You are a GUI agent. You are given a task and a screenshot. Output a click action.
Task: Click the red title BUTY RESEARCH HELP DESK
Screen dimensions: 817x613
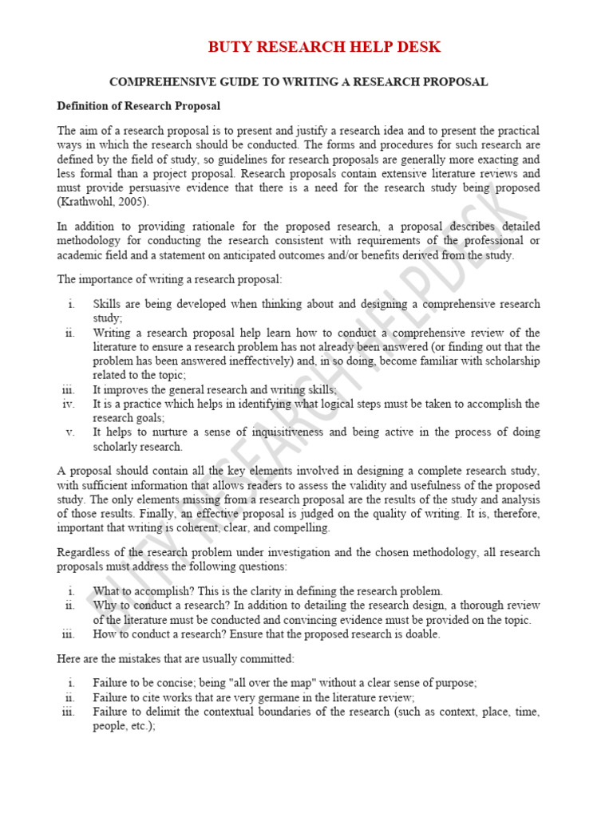(x=324, y=47)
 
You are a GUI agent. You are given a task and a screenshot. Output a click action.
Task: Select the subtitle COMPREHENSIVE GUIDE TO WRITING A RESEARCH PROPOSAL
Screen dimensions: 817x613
(x=298, y=82)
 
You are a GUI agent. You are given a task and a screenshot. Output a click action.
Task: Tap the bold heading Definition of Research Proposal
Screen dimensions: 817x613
(x=138, y=105)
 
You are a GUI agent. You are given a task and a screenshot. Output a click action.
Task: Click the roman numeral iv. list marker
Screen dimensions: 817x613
(x=69, y=404)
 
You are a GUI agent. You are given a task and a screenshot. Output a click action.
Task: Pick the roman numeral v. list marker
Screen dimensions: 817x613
(x=70, y=432)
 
